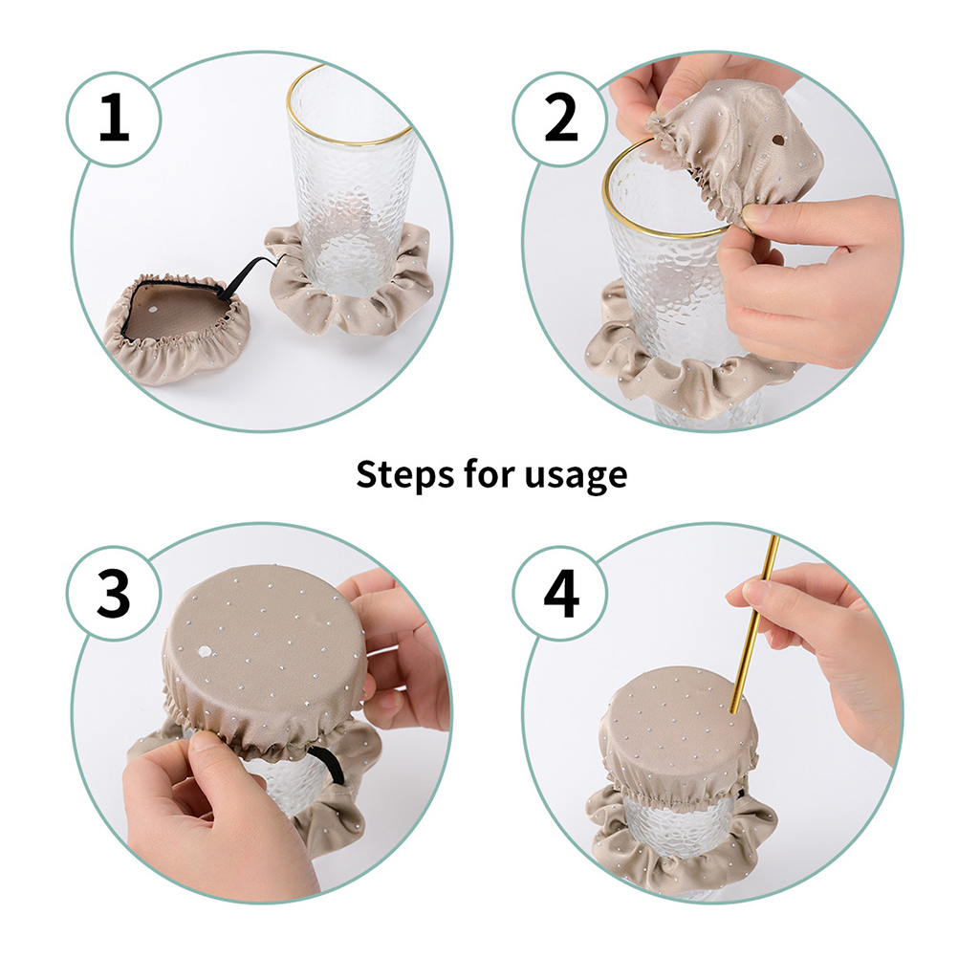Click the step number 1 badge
point(114,119)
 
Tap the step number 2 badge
point(560,119)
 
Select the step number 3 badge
point(114,593)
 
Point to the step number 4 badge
point(560,593)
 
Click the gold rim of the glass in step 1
point(349,142)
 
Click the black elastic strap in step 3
point(327,765)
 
